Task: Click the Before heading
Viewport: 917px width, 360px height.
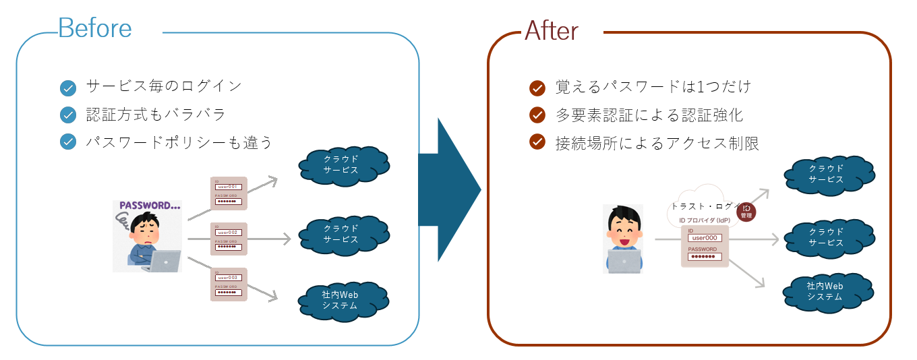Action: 95,28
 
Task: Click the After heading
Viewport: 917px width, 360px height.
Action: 552,30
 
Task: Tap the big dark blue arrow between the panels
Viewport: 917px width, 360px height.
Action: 449,189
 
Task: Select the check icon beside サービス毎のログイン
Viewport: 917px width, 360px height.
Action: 68,88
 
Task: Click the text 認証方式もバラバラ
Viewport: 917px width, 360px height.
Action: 156,115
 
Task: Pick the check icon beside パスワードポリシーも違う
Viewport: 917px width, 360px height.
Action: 68,142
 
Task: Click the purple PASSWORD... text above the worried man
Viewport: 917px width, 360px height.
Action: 149,206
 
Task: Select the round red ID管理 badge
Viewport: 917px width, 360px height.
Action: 746,212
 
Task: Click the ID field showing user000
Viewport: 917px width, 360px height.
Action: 705,238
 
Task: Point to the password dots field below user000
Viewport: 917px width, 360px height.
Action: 705,256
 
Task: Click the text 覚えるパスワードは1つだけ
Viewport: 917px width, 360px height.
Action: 653,88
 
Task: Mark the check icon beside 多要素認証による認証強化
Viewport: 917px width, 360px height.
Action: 537,115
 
